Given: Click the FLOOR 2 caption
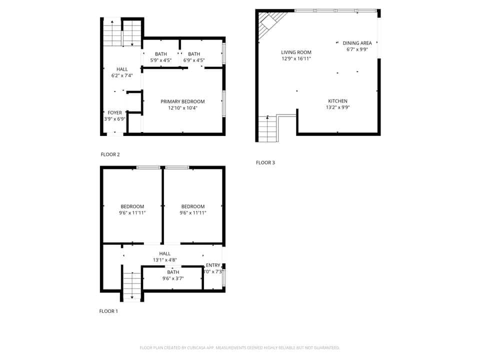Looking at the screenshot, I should click(x=110, y=154).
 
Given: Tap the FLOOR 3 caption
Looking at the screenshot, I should click(x=265, y=162).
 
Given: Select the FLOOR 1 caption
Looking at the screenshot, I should click(x=108, y=311).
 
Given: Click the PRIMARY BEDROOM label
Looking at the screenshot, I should click(x=182, y=101).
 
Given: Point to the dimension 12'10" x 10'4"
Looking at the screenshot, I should click(x=182, y=108).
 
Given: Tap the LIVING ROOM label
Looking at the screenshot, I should click(x=296, y=52).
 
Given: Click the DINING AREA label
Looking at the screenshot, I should click(x=357, y=43).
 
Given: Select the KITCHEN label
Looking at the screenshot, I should click(x=337, y=101).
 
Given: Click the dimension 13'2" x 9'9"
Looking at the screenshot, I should click(x=337, y=107).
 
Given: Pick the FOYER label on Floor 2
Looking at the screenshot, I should click(x=114, y=113).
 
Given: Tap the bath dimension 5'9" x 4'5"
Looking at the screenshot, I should click(x=161, y=60).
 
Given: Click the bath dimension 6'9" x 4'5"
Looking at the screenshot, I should click(x=194, y=60).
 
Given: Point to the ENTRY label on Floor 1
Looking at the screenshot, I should click(x=213, y=265).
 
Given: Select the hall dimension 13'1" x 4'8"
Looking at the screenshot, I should click(x=164, y=260).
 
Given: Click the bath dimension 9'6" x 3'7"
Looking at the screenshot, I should click(x=173, y=278).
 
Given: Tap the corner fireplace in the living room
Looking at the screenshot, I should click(x=269, y=22).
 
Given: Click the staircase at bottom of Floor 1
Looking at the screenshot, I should click(x=132, y=286).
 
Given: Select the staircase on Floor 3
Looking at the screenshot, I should click(x=268, y=128).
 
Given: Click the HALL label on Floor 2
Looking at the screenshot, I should click(x=122, y=69).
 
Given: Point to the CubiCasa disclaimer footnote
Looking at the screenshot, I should click(x=240, y=347).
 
